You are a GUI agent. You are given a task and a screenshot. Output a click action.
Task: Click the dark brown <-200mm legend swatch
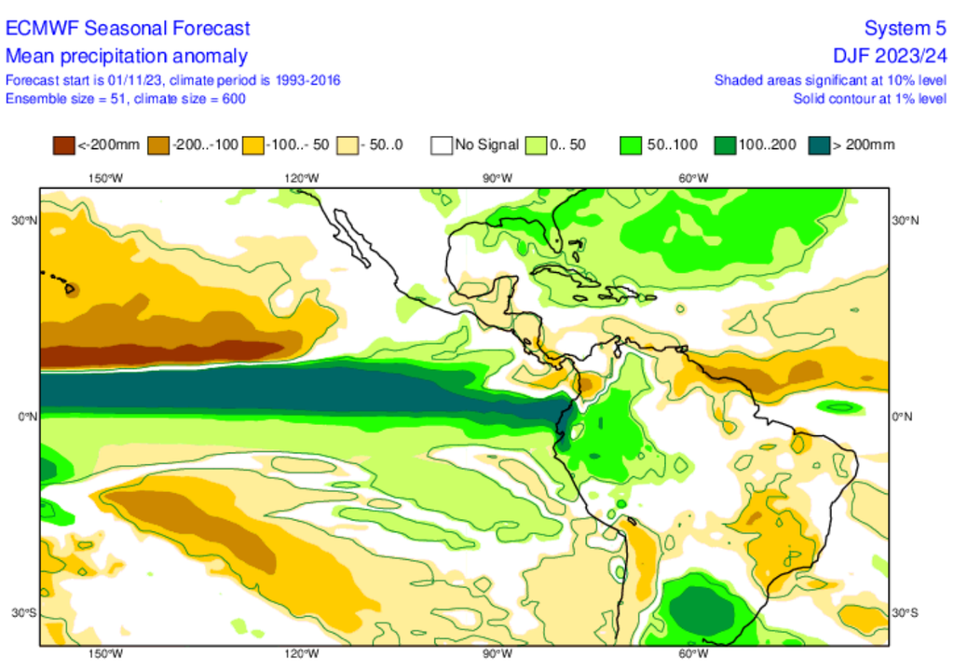coord(63,145)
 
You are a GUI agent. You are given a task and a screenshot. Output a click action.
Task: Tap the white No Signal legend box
coord(442,145)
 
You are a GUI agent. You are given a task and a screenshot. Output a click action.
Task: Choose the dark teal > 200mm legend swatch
coord(819,145)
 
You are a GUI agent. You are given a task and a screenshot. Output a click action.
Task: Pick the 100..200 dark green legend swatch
coord(725,145)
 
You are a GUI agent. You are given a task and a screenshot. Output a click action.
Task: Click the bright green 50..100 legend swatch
coord(631,145)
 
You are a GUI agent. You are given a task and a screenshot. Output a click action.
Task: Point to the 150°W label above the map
coord(105,178)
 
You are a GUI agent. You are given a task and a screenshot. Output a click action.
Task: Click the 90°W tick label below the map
coord(494,653)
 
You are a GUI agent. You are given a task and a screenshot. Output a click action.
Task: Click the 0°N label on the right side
coord(903,417)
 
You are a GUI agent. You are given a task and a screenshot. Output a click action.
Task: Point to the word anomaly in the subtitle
coord(214,55)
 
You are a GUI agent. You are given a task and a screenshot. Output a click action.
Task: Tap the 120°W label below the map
coord(300,653)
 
